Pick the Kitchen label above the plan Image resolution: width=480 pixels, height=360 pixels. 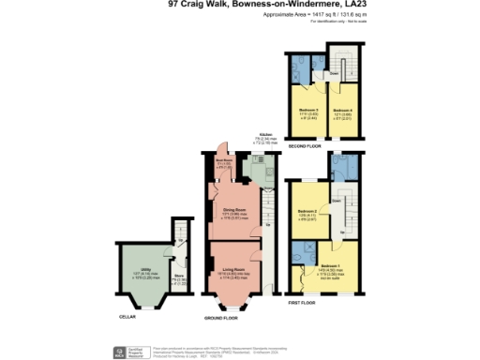click(x=263, y=136)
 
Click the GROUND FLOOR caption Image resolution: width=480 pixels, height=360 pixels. click(x=221, y=318)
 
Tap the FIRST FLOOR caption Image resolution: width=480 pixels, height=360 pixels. click(x=302, y=303)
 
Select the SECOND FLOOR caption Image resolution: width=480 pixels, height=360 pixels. click(x=304, y=146)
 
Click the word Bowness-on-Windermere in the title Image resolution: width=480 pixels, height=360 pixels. click(x=280, y=4)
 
